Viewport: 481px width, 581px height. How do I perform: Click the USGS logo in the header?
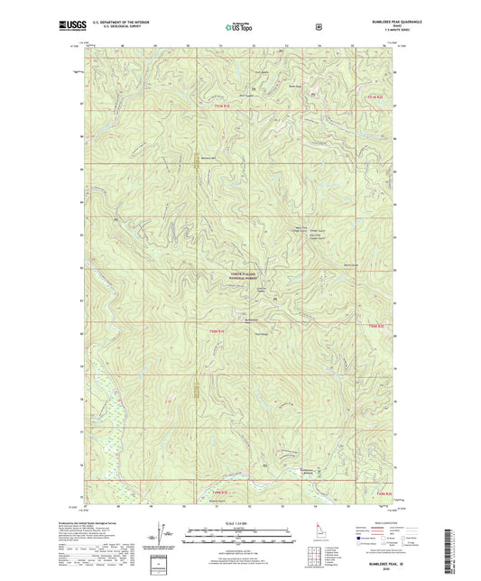click(71, 27)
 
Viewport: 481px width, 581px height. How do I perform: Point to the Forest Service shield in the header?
click(318, 27)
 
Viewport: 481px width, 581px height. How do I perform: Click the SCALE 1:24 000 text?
click(240, 524)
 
